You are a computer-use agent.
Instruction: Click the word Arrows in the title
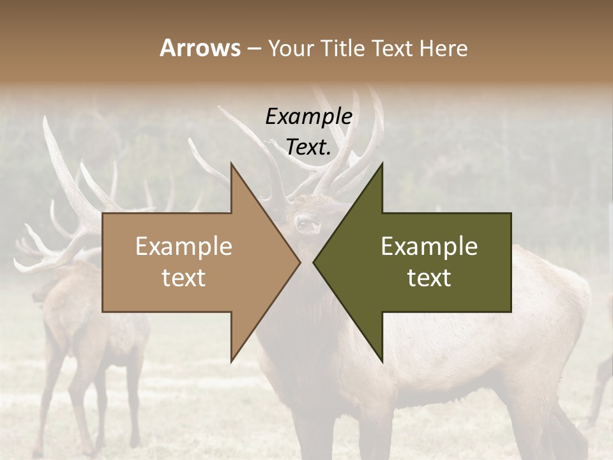point(200,48)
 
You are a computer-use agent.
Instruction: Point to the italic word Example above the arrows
point(308,117)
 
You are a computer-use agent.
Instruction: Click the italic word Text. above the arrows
point(308,147)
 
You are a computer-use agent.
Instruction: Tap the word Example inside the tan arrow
point(184,247)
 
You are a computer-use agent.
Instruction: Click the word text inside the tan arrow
point(184,278)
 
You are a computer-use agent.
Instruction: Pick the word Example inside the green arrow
point(429,247)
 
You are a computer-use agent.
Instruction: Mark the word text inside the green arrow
point(429,278)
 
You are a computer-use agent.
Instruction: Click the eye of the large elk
point(301,223)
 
